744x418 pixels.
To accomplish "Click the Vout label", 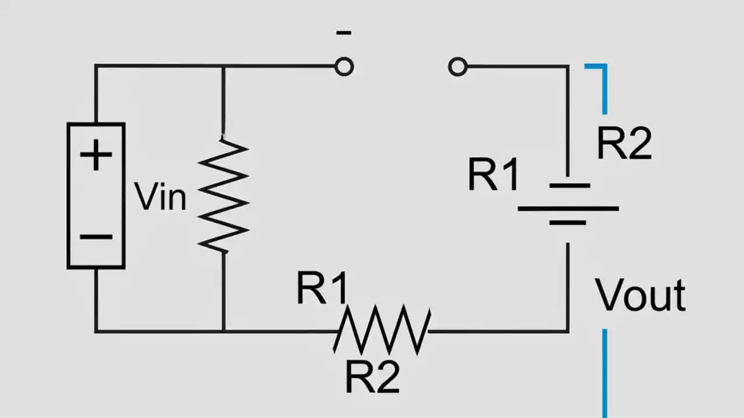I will click(640, 296).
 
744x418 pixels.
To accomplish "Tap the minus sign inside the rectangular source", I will click(96, 236).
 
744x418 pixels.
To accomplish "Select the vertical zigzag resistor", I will click(224, 196).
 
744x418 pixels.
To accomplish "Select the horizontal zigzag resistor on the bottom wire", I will click(382, 331).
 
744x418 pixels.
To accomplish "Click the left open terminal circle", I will click(344, 67).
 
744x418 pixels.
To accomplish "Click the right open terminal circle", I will click(457, 67).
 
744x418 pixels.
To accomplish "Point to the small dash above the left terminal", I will click(344, 33).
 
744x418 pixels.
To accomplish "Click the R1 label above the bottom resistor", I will click(322, 289).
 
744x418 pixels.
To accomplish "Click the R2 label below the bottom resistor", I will click(372, 377).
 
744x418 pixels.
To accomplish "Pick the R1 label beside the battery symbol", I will click(493, 175).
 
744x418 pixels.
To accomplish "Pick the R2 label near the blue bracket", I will click(624, 143).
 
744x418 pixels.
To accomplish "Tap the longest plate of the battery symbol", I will click(568, 208).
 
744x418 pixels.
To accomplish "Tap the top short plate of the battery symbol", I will click(568, 186).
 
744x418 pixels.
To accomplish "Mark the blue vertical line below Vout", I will click(604, 372).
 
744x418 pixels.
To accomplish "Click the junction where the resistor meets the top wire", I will click(224, 66).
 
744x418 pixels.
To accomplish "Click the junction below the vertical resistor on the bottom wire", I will click(224, 331).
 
